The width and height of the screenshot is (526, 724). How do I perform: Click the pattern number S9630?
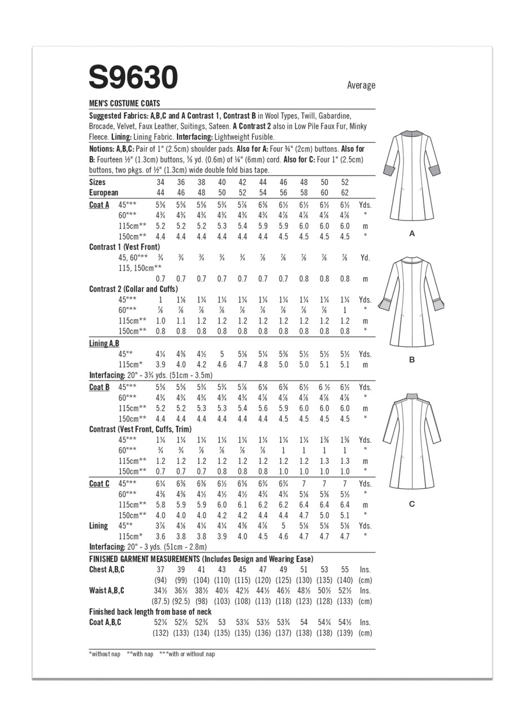coord(133,77)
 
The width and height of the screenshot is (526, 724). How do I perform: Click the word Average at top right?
coord(361,85)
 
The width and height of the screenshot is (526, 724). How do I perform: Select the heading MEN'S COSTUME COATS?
coord(124,104)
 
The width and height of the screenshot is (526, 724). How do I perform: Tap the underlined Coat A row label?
coord(99,205)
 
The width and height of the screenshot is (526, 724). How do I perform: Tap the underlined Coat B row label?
coord(99,387)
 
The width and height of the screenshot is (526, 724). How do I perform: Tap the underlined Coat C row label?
coord(99,484)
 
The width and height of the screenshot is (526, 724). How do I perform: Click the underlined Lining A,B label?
coord(104,343)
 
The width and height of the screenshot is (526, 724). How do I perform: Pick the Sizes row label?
coord(97,182)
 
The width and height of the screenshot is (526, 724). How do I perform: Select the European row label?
coord(103,193)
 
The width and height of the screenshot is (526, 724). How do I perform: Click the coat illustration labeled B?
coord(412,303)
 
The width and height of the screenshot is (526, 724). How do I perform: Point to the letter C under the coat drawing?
coord(412,504)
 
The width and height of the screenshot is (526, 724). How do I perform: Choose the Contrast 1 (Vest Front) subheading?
coord(124,247)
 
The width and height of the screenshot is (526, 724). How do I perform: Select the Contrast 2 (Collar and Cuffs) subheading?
coord(133,289)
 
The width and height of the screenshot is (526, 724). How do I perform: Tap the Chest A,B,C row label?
coord(107,570)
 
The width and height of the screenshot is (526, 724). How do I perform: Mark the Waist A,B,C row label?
coord(107,591)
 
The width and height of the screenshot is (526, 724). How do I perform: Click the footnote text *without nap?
coord(105,654)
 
